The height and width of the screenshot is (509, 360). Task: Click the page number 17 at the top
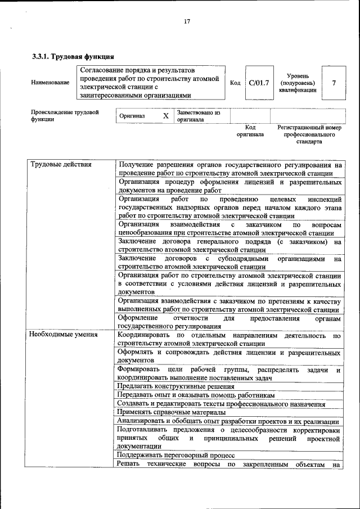(187, 21)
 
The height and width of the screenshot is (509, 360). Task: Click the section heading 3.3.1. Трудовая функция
(73, 56)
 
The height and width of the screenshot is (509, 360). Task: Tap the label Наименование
(51, 83)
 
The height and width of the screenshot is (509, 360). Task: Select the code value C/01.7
(259, 83)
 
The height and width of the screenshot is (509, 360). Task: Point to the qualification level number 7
(334, 83)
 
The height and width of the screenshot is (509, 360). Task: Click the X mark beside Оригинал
(165, 116)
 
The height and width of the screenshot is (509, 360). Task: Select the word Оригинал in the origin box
(132, 116)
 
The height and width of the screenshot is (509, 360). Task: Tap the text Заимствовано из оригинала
(199, 116)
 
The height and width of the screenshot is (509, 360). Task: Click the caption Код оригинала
(250, 131)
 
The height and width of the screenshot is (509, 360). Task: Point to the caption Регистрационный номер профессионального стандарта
(309, 134)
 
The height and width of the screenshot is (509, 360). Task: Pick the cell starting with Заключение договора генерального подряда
(229, 246)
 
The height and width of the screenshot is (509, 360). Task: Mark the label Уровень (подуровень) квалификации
(297, 83)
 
